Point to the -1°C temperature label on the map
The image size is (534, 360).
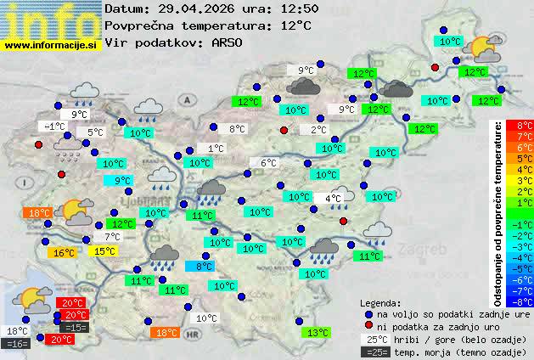pyautogui.click(x=53, y=127)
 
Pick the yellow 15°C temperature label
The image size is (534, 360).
pyautogui.click(x=104, y=251)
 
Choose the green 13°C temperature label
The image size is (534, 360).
pyautogui.click(x=318, y=333)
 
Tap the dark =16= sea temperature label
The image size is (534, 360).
pyautogui.click(x=16, y=344)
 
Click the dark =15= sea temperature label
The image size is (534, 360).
pyautogui.click(x=75, y=327)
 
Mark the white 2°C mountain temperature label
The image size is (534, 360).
pyautogui.click(x=318, y=130)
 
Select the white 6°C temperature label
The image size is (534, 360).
pyautogui.click(x=268, y=163)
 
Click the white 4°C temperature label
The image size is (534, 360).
pyautogui.click(x=333, y=199)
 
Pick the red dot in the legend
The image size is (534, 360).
pyautogui.click(x=368, y=326)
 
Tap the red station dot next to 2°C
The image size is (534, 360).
pyautogui.click(x=284, y=130)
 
